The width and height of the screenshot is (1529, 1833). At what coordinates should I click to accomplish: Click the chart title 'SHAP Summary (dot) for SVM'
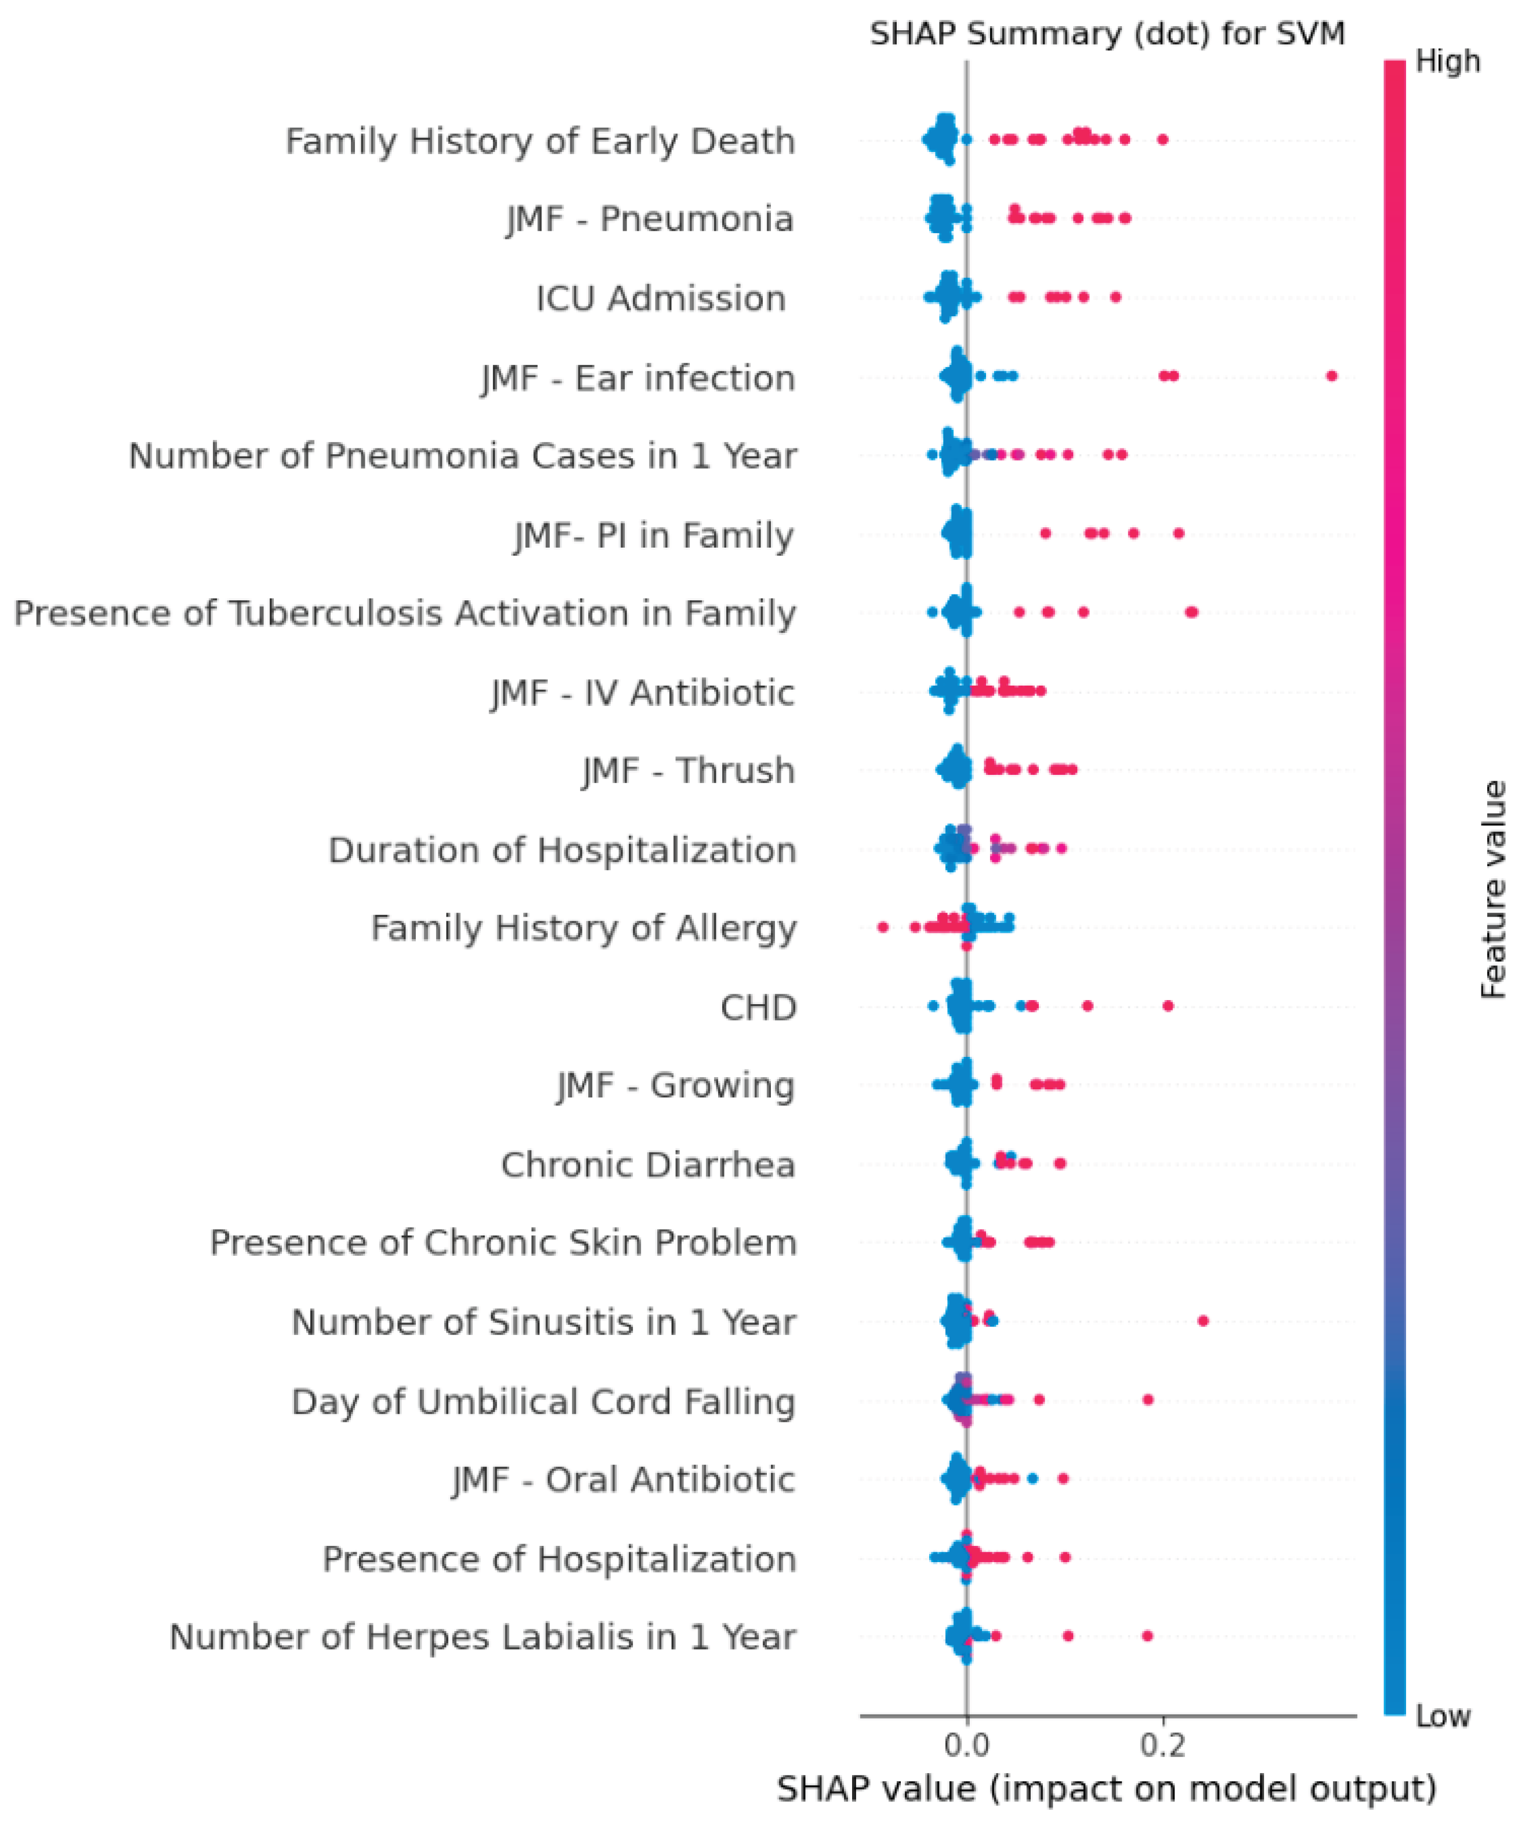[x=1107, y=34]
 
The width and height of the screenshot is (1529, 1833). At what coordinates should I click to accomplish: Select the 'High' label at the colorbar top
[x=1448, y=61]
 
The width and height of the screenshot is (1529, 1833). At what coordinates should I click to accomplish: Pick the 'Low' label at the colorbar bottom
[x=1443, y=1716]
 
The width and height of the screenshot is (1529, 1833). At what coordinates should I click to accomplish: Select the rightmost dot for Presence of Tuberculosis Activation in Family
[x=1191, y=613]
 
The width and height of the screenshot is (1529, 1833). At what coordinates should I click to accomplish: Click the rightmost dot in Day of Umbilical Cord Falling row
[x=1148, y=1399]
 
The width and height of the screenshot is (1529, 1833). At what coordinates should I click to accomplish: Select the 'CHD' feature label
[x=758, y=1007]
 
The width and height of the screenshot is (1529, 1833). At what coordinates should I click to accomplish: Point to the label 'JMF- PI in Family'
[x=654, y=535]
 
